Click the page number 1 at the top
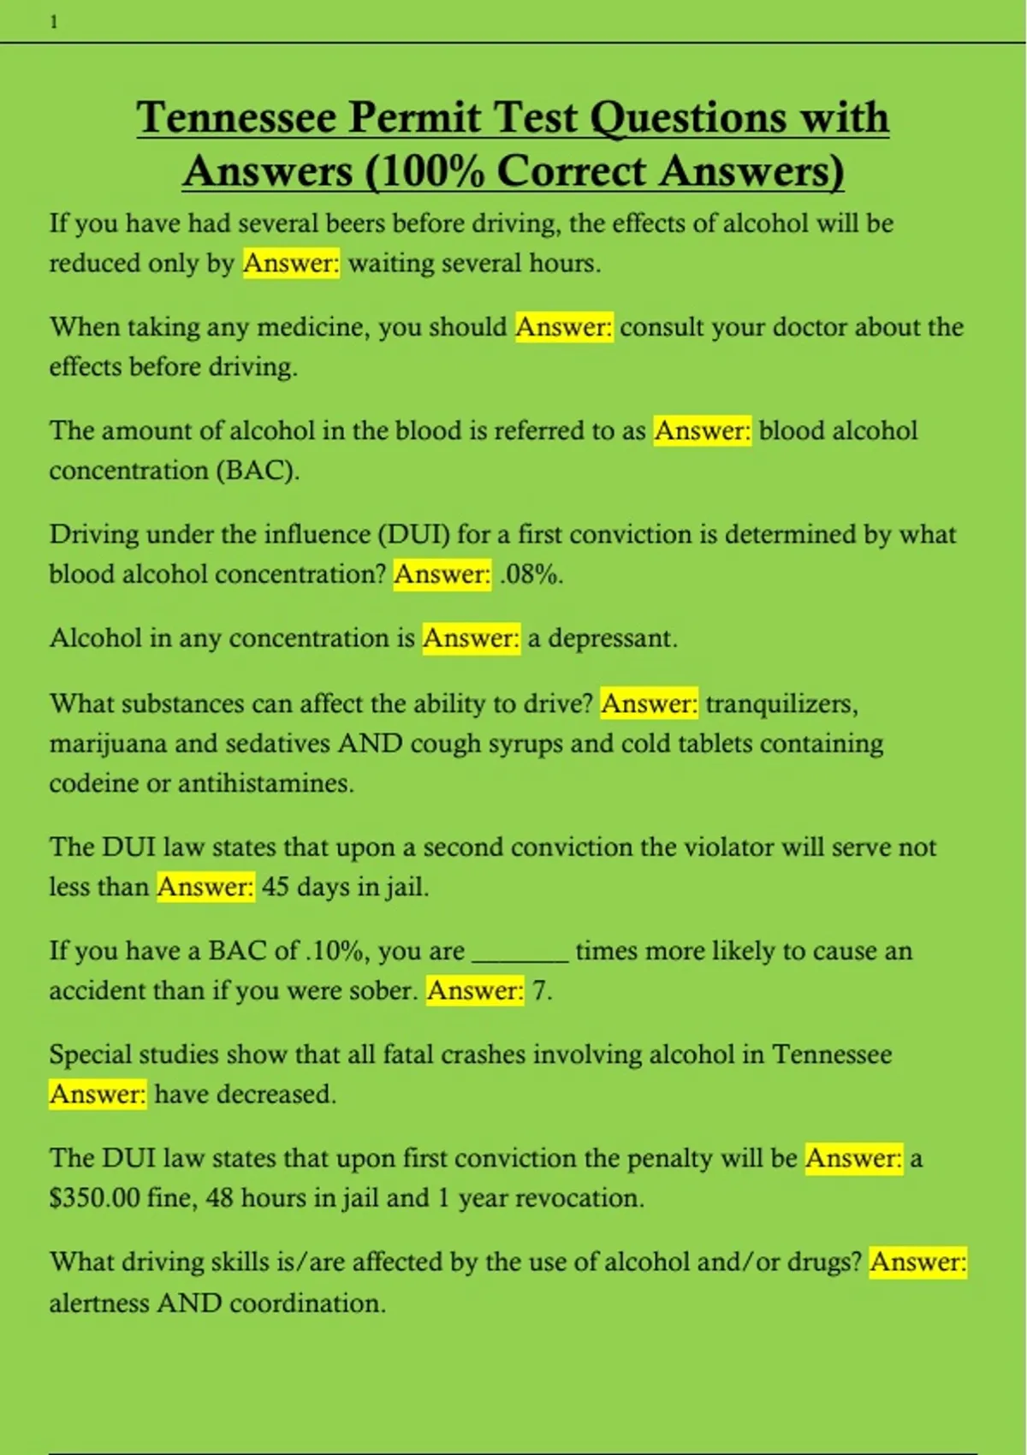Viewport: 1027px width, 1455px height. coord(54,23)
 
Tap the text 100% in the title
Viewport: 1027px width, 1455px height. coord(428,170)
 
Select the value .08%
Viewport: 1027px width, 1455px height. coord(531,574)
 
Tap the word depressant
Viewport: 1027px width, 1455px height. coord(612,638)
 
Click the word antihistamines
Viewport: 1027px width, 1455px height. coord(265,783)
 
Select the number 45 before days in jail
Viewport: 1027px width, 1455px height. coord(275,887)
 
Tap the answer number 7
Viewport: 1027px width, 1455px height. coord(540,991)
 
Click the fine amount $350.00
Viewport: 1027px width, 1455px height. coord(94,1197)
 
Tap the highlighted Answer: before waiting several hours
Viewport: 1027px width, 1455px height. coord(291,263)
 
